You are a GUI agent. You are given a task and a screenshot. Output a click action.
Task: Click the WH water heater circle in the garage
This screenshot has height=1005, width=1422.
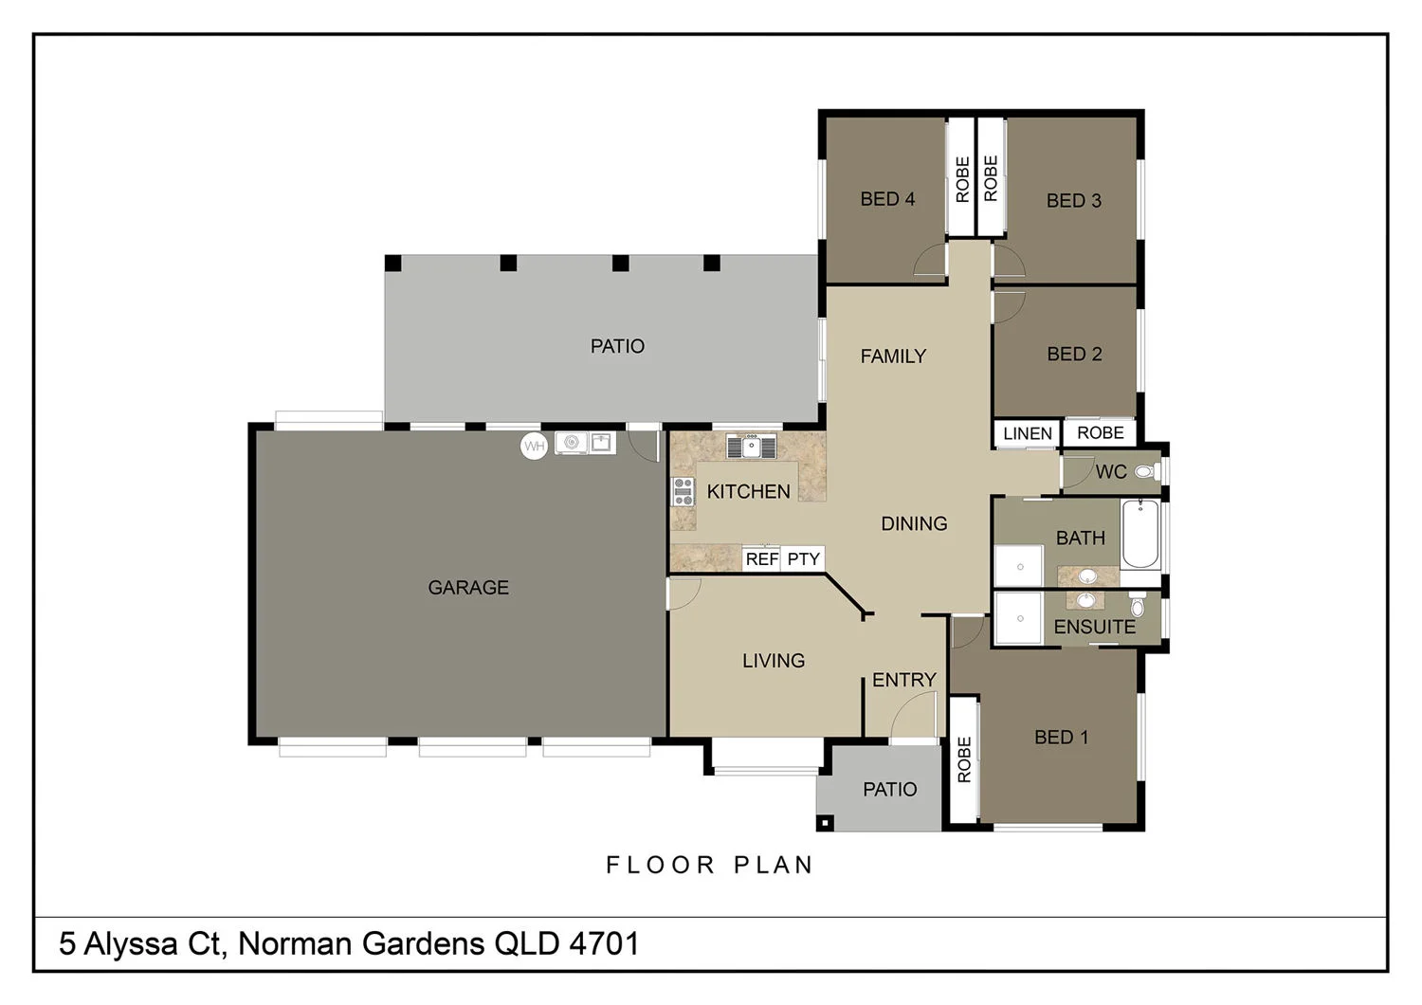(x=535, y=447)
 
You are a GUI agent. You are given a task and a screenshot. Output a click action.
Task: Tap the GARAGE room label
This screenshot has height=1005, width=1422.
(x=468, y=588)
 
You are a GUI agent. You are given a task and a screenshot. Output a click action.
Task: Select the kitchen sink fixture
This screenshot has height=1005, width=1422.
(x=751, y=446)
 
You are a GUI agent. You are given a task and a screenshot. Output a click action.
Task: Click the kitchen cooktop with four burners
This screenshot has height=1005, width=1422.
(x=683, y=491)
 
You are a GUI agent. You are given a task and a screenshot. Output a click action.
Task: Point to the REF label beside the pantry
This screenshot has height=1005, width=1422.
(x=761, y=559)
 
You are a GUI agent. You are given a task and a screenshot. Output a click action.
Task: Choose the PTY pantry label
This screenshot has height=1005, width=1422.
(x=803, y=559)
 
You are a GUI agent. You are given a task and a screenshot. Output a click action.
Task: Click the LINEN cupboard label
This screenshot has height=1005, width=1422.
(x=1028, y=434)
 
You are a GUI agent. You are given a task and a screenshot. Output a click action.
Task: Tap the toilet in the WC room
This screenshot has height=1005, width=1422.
(x=1145, y=471)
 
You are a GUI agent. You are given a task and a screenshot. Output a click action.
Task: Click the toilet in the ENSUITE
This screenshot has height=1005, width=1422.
(x=1138, y=604)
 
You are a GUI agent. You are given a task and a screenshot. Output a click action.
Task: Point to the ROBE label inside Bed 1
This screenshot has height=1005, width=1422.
(x=964, y=759)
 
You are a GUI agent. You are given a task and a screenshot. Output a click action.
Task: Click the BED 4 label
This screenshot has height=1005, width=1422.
(x=887, y=199)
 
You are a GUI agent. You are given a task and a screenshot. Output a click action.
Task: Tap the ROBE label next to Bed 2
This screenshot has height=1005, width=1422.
(x=1100, y=433)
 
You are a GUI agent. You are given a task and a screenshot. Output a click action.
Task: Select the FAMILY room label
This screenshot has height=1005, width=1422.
(x=893, y=356)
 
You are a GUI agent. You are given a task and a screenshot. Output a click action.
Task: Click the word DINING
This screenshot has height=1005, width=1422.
(x=914, y=523)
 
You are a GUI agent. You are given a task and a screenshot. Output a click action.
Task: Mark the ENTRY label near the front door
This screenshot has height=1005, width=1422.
(x=903, y=680)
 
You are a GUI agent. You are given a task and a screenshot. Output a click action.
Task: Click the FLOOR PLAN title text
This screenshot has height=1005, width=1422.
(x=710, y=865)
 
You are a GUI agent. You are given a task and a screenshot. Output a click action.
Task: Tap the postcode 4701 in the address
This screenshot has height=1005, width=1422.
(x=604, y=944)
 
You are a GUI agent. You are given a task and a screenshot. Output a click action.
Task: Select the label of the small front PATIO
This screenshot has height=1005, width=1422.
(x=889, y=790)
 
